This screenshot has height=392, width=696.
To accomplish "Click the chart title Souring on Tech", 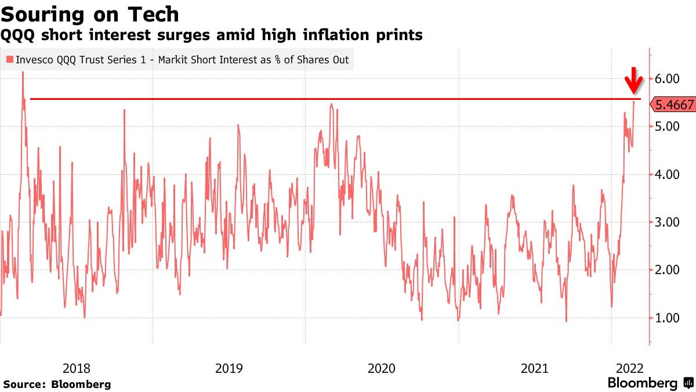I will (90, 14).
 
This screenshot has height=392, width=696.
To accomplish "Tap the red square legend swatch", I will (10, 59).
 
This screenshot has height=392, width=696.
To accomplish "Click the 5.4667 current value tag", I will (674, 105).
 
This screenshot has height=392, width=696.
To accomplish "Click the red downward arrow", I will (635, 81).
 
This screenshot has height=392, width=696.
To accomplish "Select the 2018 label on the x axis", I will (77, 368).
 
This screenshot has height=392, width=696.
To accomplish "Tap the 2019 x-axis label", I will (229, 368).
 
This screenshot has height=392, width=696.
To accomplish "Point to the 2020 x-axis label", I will (382, 368).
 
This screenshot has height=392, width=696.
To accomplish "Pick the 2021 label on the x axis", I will (535, 368).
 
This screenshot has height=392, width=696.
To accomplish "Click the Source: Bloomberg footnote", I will (57, 384).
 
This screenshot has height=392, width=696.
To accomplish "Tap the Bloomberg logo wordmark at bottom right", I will (642, 383).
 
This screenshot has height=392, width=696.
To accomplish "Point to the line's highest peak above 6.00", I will (23, 72).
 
